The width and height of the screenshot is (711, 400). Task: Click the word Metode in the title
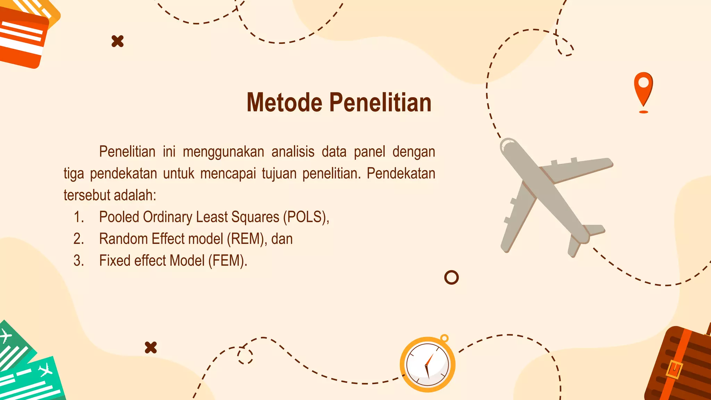click(284, 103)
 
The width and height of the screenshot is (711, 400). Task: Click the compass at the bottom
click(427, 365)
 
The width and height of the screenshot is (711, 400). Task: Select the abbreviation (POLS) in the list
click(305, 217)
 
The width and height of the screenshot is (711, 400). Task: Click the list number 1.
click(78, 217)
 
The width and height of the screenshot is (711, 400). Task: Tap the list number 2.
click(78, 239)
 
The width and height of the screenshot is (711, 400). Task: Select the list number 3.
click(78, 261)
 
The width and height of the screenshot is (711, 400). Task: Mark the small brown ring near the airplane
click(451, 277)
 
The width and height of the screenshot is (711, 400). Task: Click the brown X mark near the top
click(118, 41)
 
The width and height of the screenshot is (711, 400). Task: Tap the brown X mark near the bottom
click(151, 348)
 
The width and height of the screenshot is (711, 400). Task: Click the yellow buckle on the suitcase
click(674, 369)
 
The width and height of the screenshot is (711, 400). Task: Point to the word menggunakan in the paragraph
click(223, 152)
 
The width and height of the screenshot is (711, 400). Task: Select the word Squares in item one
click(255, 217)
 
